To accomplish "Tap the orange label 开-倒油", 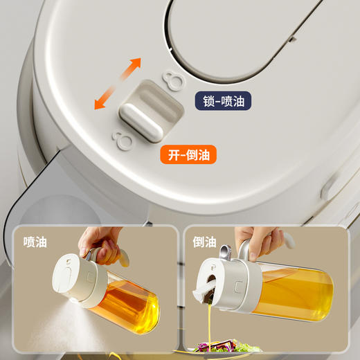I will click(188, 154).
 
